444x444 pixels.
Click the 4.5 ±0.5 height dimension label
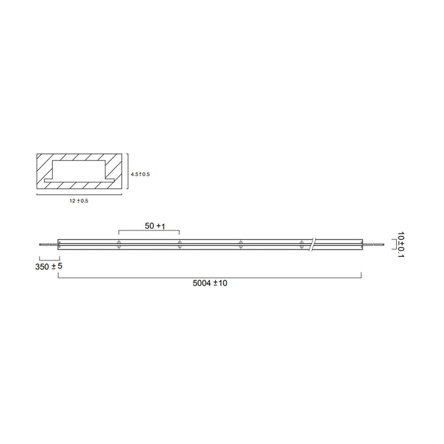pos(140,174)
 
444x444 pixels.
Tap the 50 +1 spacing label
pos(155,226)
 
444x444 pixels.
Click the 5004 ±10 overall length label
pos(210,283)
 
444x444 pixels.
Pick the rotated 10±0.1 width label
pos(401,244)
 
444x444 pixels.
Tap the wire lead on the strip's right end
pos(372,244)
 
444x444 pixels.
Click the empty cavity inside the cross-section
pos(79,170)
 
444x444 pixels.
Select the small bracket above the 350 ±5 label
pos(49,258)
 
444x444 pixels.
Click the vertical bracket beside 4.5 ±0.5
pos(127,174)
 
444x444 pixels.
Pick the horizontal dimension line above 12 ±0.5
pos(79,194)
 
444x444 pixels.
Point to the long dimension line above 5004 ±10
pos(210,277)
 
